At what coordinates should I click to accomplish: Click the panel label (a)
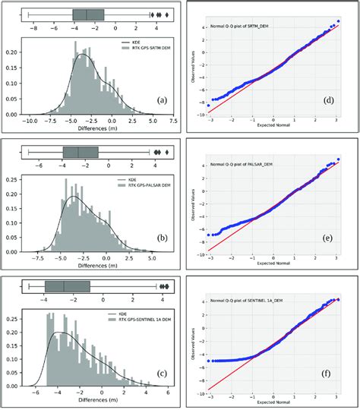[x=161, y=99]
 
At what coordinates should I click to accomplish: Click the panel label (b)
[x=161, y=238]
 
